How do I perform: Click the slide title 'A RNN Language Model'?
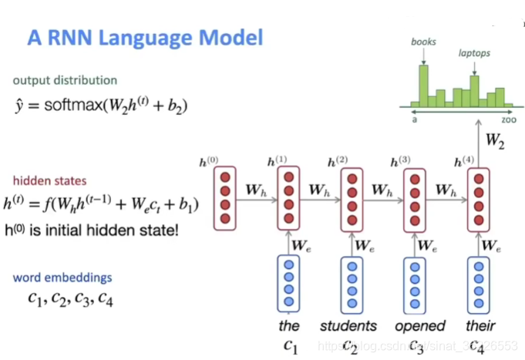[x=146, y=37]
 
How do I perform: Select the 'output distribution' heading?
[x=65, y=80]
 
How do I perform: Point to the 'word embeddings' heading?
[x=62, y=278]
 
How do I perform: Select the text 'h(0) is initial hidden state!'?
[x=96, y=229]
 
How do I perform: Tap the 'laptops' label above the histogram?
[x=473, y=54]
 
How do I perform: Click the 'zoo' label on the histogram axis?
[x=509, y=121]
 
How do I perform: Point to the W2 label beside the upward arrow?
[x=498, y=143]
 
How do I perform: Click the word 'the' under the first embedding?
[x=289, y=326]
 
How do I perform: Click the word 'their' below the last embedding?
[x=480, y=326]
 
